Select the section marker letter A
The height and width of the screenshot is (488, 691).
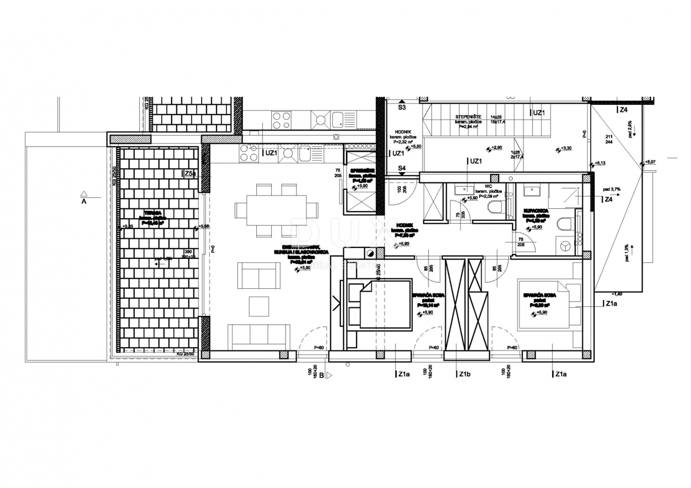point(84,202)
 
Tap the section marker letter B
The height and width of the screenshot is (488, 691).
point(321,376)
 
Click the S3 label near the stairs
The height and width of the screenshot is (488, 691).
point(402,107)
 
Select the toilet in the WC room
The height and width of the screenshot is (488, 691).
point(494,208)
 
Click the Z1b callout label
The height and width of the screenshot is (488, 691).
point(465,375)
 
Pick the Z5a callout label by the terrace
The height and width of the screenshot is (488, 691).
point(190,173)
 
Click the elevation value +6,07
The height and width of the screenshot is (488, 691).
point(651,162)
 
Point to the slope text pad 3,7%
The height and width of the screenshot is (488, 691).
point(612,189)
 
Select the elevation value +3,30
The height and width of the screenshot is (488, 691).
point(565,149)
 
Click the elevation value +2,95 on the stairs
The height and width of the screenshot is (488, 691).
point(495,148)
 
